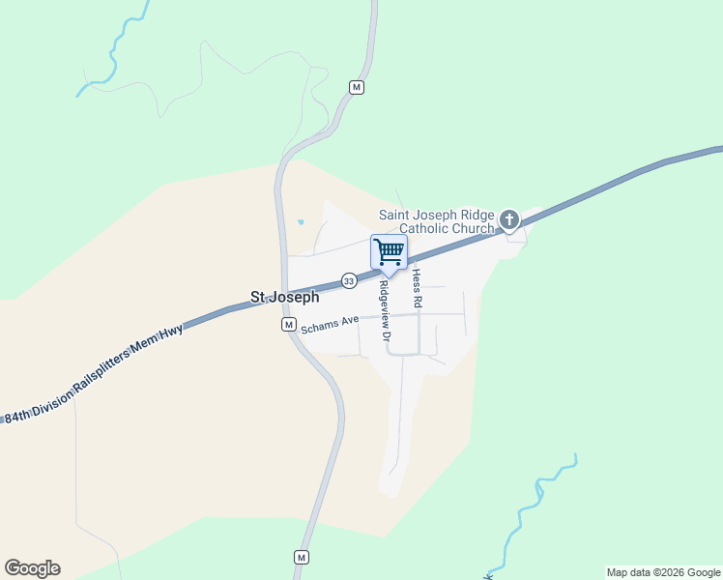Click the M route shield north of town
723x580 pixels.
(x=357, y=88)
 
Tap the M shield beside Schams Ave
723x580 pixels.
(x=288, y=325)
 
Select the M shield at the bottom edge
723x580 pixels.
(x=302, y=558)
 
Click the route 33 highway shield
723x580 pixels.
(x=349, y=280)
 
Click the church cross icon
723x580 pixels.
(x=509, y=221)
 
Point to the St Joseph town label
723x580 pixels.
(x=284, y=298)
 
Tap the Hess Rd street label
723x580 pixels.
(x=418, y=289)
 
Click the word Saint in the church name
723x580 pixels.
(x=395, y=215)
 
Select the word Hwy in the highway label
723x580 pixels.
(x=172, y=332)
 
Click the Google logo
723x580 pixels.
(x=32, y=568)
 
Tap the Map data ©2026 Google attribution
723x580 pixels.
(x=662, y=572)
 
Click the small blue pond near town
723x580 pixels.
(x=301, y=222)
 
